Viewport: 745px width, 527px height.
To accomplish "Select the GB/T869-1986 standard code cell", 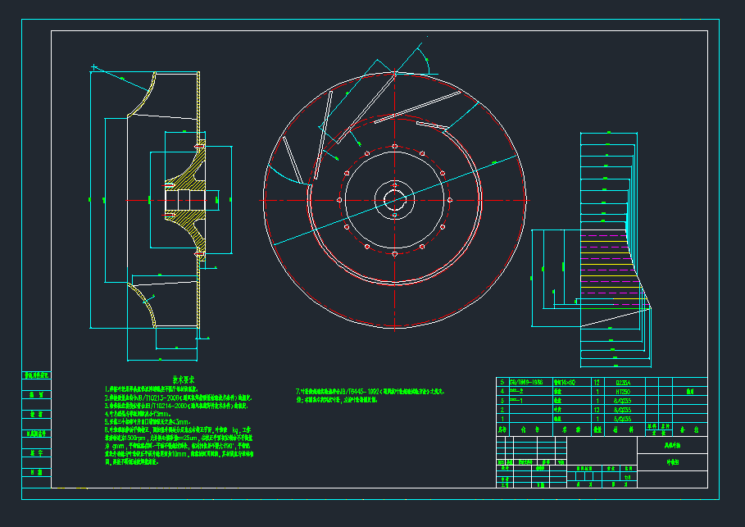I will tap(525, 383).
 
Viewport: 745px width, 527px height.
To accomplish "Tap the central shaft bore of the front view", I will tap(394, 200).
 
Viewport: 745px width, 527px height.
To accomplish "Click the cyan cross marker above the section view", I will tap(94, 66).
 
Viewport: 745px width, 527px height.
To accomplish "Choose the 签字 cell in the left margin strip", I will tap(36, 452).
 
